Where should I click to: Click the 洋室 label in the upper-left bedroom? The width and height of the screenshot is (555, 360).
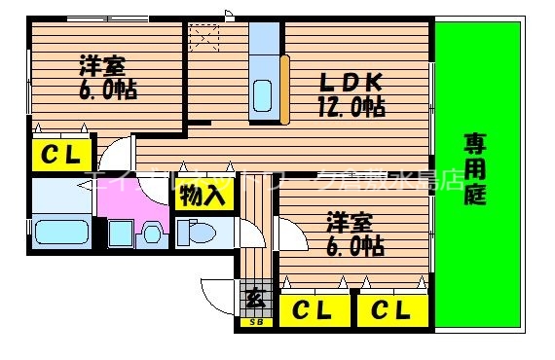(x=101, y=66)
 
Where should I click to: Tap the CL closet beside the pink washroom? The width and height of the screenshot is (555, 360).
(x=61, y=154)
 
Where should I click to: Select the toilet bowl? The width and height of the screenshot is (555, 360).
(x=193, y=234)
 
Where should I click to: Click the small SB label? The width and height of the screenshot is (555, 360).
(x=256, y=322)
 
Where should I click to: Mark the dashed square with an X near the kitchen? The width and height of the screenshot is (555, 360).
(x=205, y=39)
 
